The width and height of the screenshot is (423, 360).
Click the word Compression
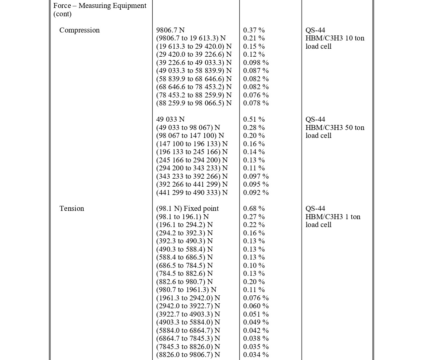[79, 30]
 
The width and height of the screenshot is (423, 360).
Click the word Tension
[72, 209]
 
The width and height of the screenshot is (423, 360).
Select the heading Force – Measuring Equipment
[100, 6]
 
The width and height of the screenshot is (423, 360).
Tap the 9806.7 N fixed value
[170, 30]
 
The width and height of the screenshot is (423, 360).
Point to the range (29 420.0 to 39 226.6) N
[194, 54]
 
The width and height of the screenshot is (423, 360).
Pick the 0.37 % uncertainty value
[254, 30]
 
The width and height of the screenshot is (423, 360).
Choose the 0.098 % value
[256, 63]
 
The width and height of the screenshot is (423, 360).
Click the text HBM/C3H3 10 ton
[335, 38]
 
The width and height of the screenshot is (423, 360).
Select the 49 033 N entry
[170, 119]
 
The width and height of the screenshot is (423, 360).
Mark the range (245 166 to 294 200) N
[192, 160]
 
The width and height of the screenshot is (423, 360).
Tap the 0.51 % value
[254, 119]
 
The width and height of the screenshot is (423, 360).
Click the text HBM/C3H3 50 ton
[335, 128]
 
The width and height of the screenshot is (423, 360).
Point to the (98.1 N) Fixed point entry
[187, 209]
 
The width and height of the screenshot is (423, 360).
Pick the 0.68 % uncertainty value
[254, 209]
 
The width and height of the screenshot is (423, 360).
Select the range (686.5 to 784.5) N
[184, 266]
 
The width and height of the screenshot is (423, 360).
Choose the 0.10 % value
[254, 266]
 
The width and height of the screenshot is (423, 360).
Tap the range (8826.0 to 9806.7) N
[188, 355]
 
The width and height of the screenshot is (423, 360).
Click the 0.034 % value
[256, 355]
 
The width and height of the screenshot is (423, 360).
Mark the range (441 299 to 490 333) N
[192, 193]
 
